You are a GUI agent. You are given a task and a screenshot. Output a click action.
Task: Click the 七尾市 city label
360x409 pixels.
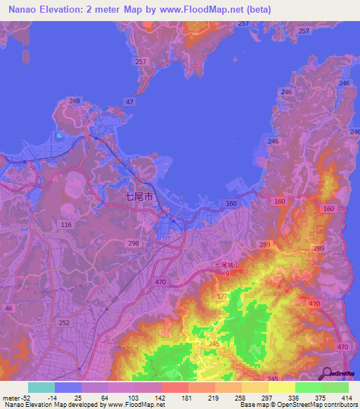coord(137,197)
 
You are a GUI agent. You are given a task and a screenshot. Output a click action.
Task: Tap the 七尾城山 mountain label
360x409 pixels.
coord(227,266)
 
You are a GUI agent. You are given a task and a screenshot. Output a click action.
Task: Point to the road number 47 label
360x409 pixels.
coord(129,103)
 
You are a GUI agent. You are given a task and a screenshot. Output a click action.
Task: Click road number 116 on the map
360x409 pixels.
coord(66,224)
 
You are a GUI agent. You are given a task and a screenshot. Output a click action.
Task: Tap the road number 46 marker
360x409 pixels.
coord(8,308)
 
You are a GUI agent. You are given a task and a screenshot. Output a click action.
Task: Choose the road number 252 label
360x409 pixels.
coord(65,323)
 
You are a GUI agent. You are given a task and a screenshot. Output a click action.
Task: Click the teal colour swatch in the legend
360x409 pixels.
coord(41,387)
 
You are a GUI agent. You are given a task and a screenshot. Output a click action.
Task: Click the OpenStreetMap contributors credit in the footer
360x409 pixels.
coord(317,405)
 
